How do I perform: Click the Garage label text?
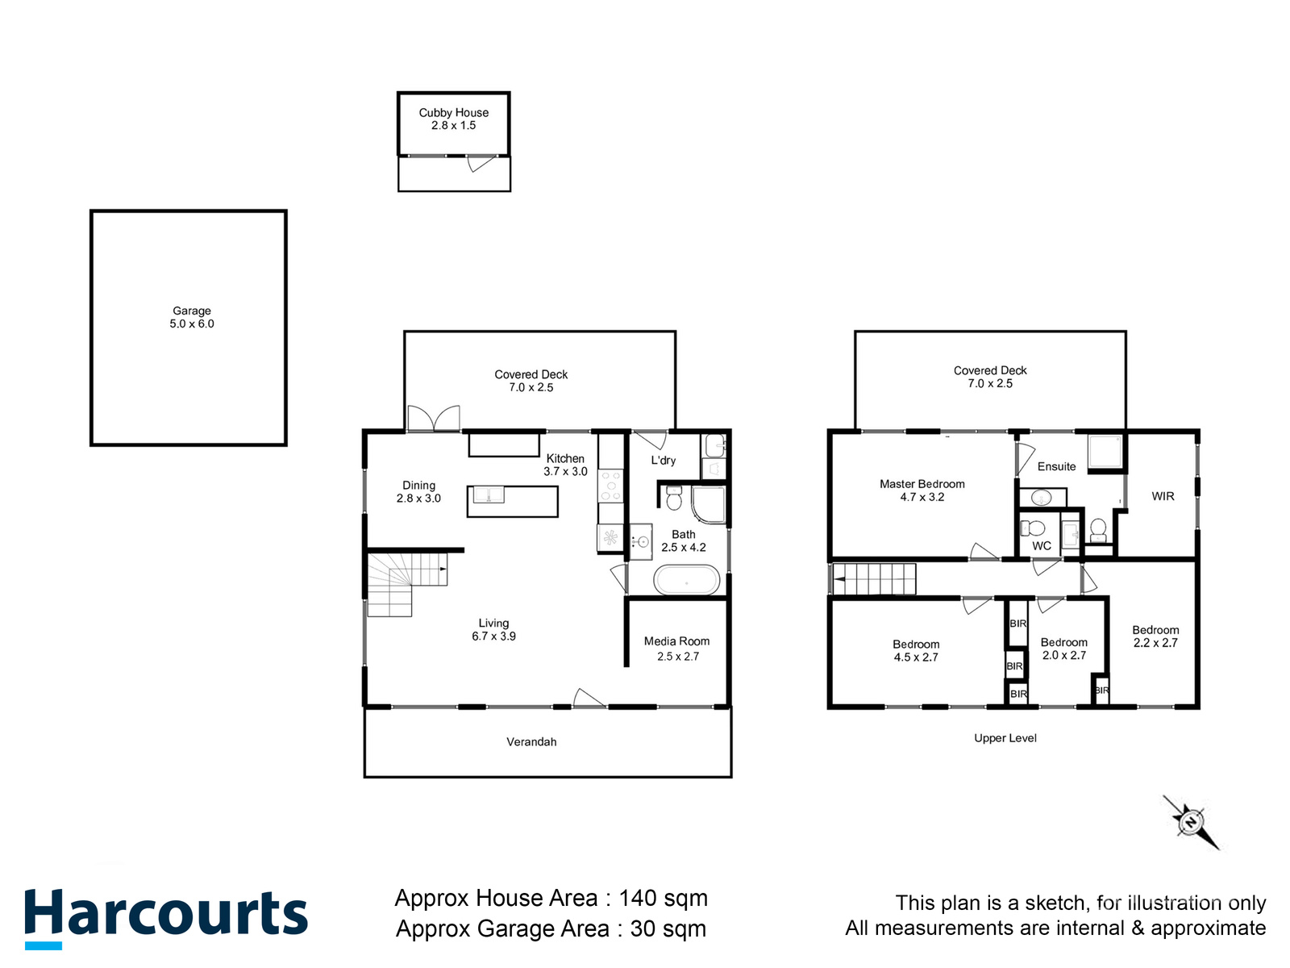(192, 311)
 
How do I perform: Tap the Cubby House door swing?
(481, 164)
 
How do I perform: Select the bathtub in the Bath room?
(686, 580)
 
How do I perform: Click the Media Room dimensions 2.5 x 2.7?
(677, 657)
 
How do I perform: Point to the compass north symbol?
(1191, 822)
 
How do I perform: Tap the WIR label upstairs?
(1163, 496)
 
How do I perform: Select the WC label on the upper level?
(1041, 546)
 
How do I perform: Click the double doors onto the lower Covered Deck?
(434, 419)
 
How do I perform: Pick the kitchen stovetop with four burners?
(610, 486)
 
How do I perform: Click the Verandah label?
(531, 742)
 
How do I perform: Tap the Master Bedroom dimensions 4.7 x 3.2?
(922, 497)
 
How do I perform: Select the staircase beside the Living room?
(403, 582)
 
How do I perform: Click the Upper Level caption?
(1005, 738)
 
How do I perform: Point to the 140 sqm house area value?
(663, 898)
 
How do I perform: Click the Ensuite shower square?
(1105, 453)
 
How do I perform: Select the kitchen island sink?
(489, 494)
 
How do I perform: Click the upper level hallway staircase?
(874, 579)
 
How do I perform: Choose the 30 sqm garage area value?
(668, 928)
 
